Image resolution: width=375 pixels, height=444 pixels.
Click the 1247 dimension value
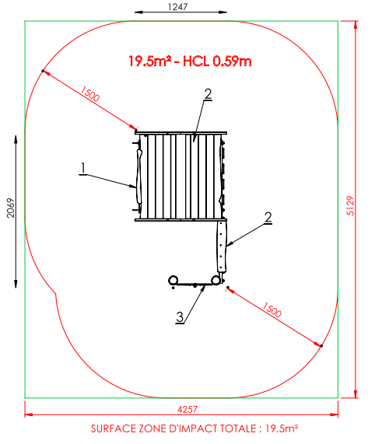click(177, 6)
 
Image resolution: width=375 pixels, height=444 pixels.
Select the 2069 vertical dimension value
click(10, 208)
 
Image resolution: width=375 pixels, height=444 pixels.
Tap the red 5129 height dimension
click(350, 205)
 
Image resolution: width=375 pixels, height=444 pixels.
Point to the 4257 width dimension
click(187, 409)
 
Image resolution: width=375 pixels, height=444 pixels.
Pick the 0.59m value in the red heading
click(232, 61)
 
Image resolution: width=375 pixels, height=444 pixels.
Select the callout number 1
click(83, 168)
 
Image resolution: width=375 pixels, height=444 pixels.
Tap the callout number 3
click(180, 317)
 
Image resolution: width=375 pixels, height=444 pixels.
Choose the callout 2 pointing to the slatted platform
click(209, 94)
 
